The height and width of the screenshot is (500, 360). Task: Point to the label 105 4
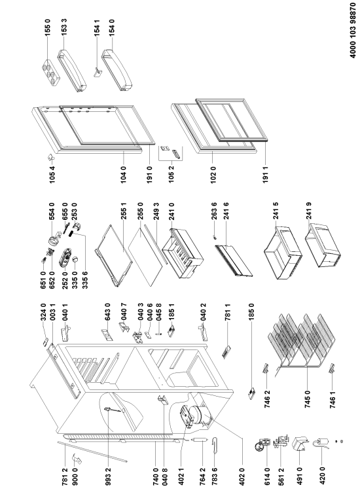tap(52, 175)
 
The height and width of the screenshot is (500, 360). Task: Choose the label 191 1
tap(266, 175)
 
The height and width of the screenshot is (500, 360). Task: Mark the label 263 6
tap(214, 211)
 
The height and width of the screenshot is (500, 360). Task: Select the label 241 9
tap(308, 211)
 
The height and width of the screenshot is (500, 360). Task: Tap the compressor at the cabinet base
tap(196, 414)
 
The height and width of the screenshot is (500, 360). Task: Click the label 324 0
tap(43, 312)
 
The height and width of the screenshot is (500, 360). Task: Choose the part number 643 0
tap(107, 312)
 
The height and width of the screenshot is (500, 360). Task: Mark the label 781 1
tap(228, 312)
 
